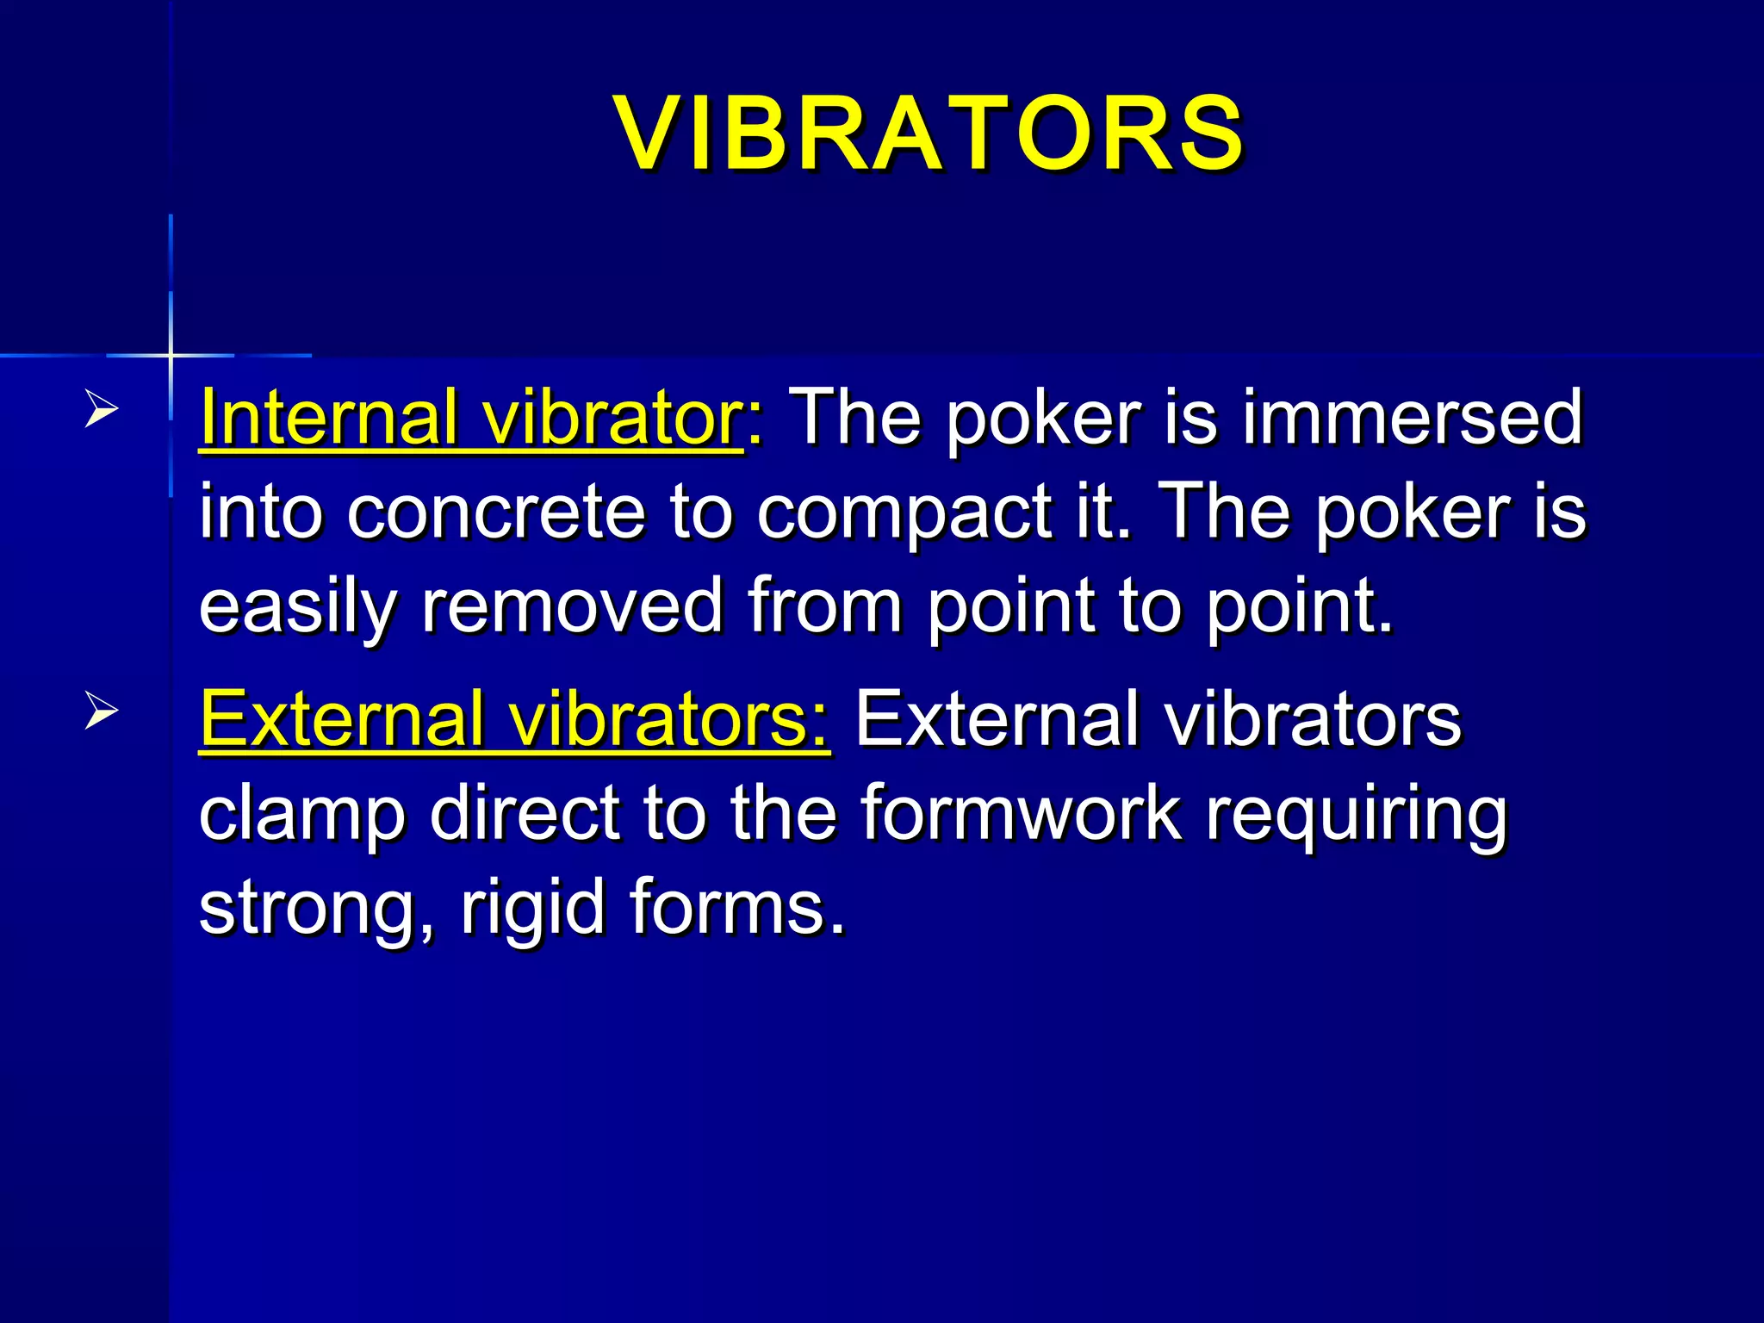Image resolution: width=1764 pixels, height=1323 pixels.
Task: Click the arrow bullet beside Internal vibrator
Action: point(101,410)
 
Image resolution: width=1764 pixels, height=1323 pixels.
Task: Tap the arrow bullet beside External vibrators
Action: point(101,712)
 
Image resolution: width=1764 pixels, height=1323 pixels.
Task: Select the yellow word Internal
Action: point(327,417)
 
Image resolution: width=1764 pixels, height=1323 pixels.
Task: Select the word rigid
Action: point(533,910)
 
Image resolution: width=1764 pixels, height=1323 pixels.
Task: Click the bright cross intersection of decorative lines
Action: point(171,355)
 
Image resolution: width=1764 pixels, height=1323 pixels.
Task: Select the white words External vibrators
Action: point(1158,719)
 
